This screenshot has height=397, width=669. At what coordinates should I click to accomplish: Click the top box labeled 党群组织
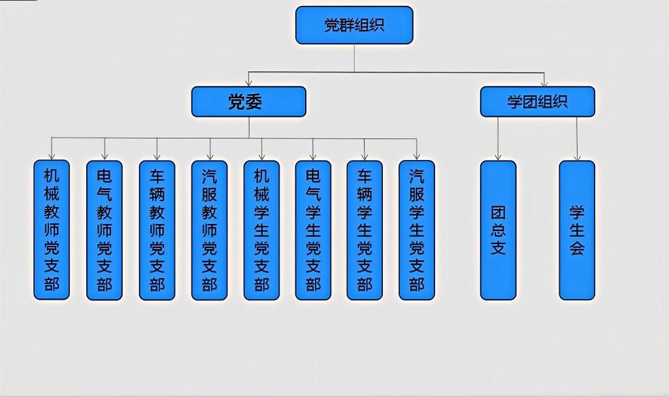354,25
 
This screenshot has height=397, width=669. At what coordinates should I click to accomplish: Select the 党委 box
248,102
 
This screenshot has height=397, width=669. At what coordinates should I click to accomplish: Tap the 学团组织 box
537,102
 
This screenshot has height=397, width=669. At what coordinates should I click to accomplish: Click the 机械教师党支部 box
52,230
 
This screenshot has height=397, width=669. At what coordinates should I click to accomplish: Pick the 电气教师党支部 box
105,230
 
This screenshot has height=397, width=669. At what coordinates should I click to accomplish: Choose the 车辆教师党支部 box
157,230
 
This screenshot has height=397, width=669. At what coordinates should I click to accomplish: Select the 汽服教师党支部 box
209,230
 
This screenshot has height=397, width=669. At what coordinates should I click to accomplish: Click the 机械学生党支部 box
261,230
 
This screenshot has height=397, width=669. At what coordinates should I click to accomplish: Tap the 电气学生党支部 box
313,230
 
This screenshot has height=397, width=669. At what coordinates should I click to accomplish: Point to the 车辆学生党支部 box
365,230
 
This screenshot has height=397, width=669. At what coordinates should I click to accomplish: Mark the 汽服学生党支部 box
417,230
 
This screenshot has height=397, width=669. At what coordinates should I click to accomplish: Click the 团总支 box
498,230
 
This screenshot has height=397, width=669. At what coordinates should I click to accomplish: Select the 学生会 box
577,230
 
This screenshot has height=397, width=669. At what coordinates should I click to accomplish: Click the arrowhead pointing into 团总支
498,157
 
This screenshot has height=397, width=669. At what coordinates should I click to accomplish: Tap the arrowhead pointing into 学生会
577,157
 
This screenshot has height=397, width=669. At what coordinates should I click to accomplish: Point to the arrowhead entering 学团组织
544,83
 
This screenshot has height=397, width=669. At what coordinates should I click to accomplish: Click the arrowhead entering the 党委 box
248,83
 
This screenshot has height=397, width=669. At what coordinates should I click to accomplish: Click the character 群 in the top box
347,25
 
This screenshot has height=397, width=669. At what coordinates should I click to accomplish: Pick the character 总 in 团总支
498,230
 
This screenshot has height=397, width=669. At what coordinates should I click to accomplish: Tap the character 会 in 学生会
577,248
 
